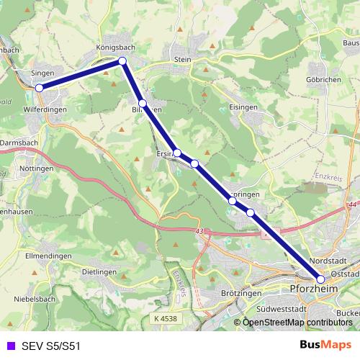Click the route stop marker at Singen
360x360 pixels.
click(x=40, y=88)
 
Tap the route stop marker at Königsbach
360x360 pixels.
click(x=122, y=61)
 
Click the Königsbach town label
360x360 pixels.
click(x=116, y=48)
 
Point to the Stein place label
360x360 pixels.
click(x=181, y=60)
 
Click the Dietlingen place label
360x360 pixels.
click(x=99, y=273)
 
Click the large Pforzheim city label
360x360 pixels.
click(x=312, y=289)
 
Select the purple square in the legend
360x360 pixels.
click(x=11, y=346)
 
